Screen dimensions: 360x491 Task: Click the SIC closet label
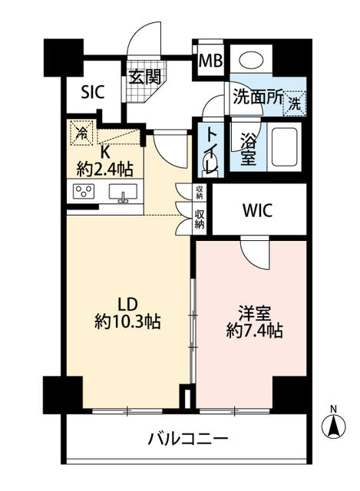coord(92,91)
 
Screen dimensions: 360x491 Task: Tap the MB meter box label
coord(210,61)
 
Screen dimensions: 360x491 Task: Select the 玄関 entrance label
coord(145,76)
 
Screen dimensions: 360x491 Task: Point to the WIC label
coord(258,210)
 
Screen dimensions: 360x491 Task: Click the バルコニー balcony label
coord(188,438)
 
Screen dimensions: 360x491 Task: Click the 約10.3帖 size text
coord(127,321)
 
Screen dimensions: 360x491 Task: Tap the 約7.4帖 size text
coord(254,331)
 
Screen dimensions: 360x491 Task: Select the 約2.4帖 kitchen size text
coord(105,170)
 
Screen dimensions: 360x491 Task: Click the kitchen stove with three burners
coord(84,191)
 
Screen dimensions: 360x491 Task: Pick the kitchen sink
coord(123,193)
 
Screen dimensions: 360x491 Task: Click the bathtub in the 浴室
coord(284,147)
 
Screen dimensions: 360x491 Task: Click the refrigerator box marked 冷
coord(82,133)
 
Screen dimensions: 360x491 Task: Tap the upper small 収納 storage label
coord(200,192)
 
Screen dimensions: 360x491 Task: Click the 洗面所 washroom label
coord(258,97)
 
